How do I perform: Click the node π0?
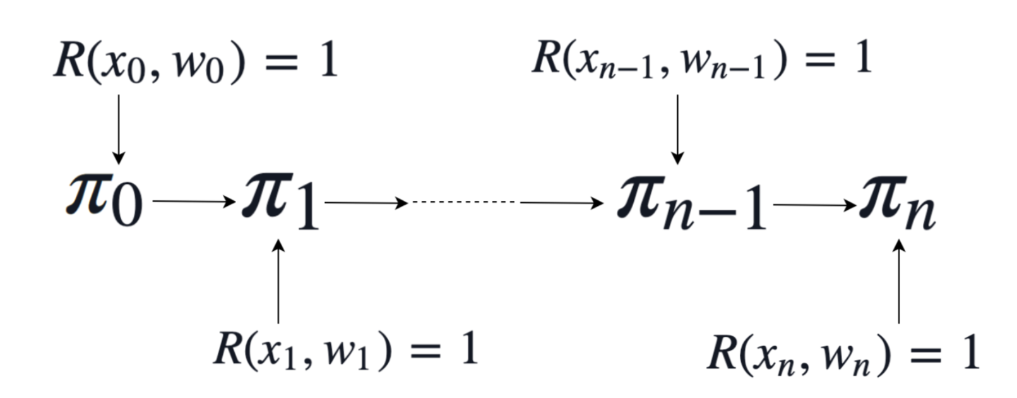(x=104, y=200)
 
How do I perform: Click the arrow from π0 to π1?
(x=193, y=202)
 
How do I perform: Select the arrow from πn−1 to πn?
(x=814, y=205)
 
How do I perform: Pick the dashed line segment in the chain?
(x=464, y=202)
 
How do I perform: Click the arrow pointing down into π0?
(x=118, y=129)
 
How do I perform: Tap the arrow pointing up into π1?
(x=278, y=281)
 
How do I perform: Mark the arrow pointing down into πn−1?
(x=677, y=129)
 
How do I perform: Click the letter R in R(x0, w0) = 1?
(x=69, y=61)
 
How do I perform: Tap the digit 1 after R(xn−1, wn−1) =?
(x=863, y=58)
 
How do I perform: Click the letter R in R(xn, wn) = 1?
(x=723, y=353)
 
